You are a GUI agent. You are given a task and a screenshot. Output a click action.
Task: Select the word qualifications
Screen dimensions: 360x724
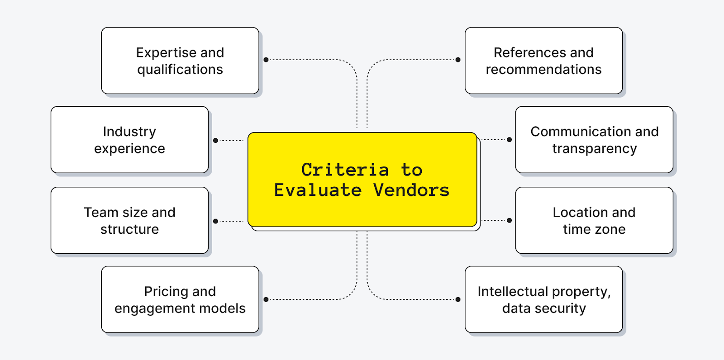[180, 70]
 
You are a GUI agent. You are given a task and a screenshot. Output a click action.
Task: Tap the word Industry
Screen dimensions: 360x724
[129, 132]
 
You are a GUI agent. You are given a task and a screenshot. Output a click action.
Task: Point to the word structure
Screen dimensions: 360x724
[129, 229]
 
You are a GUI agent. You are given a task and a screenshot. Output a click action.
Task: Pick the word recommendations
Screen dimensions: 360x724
[543, 70]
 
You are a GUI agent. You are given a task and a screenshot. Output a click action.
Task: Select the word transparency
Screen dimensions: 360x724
[594, 149]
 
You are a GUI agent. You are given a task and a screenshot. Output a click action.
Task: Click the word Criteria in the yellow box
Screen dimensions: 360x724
[345, 170]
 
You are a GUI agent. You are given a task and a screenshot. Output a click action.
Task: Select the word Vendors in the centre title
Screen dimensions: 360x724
[411, 190]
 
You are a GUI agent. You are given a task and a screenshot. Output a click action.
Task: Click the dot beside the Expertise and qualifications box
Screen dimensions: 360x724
[266, 60]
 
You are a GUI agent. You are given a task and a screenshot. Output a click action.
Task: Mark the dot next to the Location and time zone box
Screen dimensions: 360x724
[509, 221]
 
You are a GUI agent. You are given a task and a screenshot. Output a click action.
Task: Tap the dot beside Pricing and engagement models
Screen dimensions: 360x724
[266, 299]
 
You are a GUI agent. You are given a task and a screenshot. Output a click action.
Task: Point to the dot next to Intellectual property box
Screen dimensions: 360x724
[458, 299]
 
